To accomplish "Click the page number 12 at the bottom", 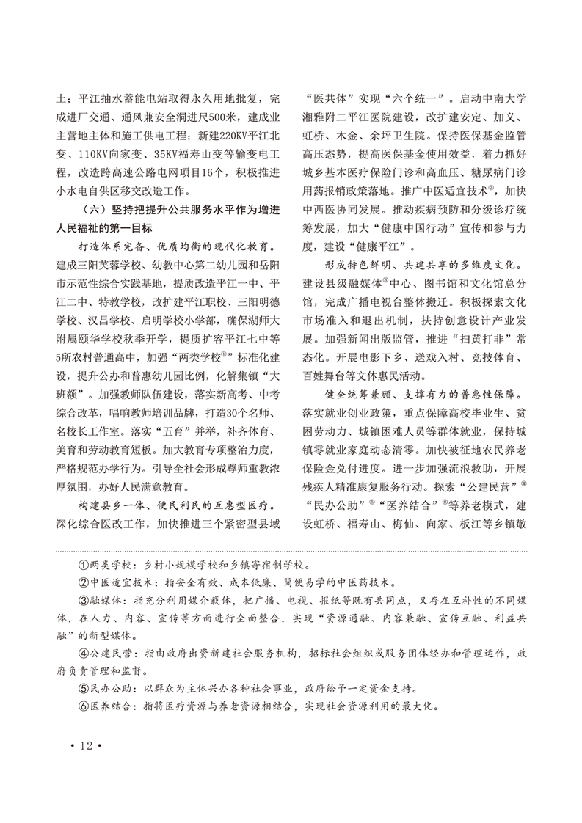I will (87, 745).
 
